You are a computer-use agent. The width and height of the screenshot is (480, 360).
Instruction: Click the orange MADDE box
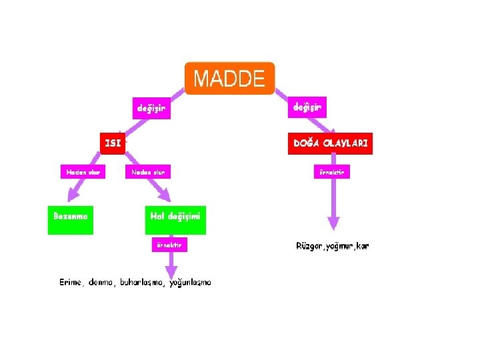229,79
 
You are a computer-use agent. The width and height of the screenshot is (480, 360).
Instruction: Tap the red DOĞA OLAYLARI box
330,143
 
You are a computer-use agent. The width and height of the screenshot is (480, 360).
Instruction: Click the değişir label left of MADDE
151,107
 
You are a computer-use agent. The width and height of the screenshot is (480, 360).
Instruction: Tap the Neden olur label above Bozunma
83,172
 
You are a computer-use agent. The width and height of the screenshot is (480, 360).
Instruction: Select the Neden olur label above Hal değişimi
147,172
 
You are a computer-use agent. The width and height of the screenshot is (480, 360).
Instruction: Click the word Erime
70,283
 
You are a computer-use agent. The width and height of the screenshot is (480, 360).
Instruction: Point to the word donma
101,283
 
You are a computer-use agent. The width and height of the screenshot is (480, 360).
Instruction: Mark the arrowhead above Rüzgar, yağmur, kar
333,224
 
